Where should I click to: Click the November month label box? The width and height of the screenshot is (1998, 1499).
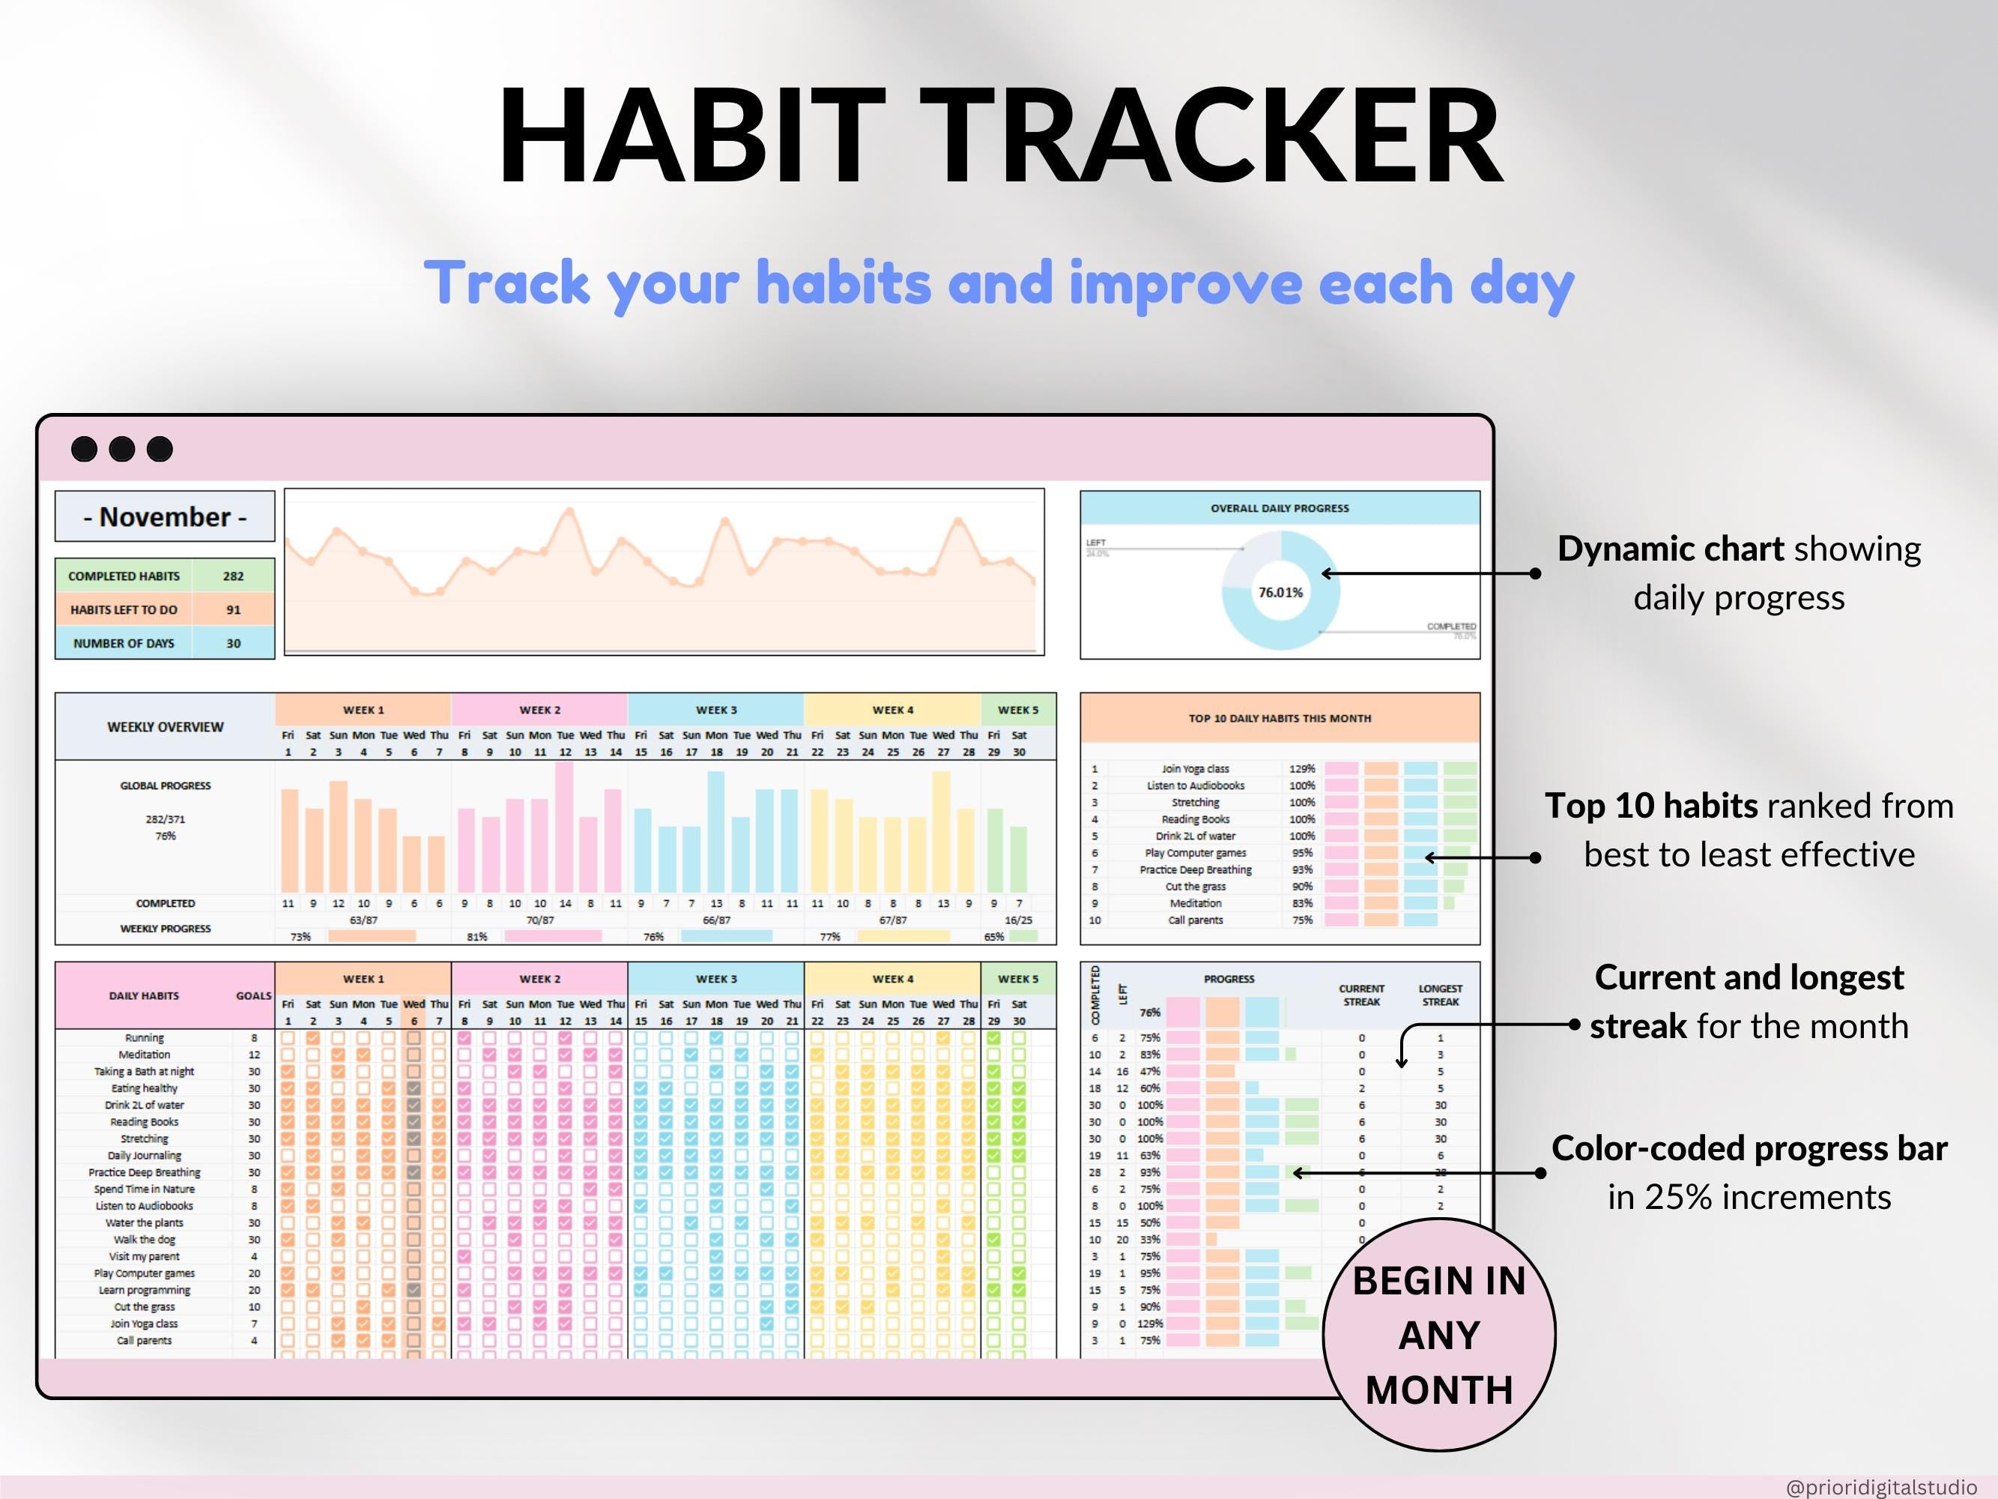164,517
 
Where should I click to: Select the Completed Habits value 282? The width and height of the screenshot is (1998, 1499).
233,576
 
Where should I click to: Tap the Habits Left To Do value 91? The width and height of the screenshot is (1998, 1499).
233,610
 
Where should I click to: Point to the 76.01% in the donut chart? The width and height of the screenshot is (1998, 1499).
1280,593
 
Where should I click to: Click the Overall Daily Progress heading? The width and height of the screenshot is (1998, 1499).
1279,509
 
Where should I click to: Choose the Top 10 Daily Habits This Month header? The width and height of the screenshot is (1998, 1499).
1279,718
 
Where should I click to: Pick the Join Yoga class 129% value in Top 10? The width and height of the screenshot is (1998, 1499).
1301,769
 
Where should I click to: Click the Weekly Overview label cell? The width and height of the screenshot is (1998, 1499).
166,727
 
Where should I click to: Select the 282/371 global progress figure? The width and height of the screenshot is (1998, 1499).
166,819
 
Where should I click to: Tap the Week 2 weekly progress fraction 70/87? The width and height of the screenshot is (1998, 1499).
539,920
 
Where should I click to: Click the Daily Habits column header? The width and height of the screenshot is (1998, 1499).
145,996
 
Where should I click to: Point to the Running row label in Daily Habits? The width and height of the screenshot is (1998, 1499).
145,1038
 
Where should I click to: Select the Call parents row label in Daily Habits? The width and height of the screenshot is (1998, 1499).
145,1341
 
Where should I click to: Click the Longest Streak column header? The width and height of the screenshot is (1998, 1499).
1440,995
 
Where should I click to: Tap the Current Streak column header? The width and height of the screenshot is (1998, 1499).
1361,995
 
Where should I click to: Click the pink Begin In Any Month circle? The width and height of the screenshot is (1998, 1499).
1439,1335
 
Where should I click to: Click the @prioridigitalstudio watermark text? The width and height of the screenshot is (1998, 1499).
1880,1487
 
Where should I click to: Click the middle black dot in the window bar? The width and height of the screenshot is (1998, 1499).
122,449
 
